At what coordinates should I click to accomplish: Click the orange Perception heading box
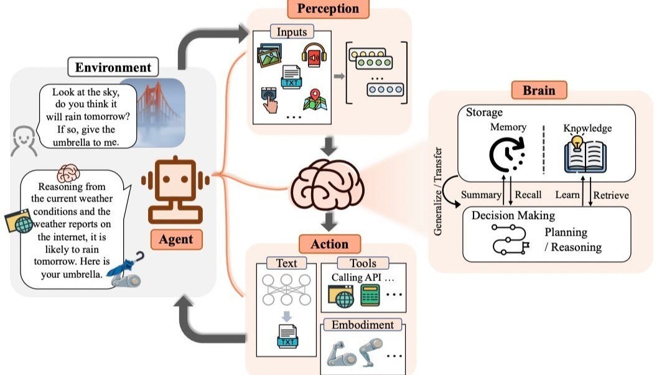pyautogui.click(x=328, y=9)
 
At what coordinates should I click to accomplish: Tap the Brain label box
pyautogui.click(x=539, y=90)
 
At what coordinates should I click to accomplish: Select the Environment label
pyautogui.click(x=113, y=67)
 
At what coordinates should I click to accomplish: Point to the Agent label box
pyautogui.click(x=177, y=239)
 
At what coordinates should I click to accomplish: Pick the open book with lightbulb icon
pyautogui.click(x=585, y=154)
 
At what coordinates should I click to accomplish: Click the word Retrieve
pyautogui.click(x=610, y=195)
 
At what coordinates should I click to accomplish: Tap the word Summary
pyautogui.click(x=481, y=195)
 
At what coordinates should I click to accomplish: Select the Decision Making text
pyautogui.click(x=513, y=216)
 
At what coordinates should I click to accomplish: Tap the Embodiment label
pyautogui.click(x=362, y=325)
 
